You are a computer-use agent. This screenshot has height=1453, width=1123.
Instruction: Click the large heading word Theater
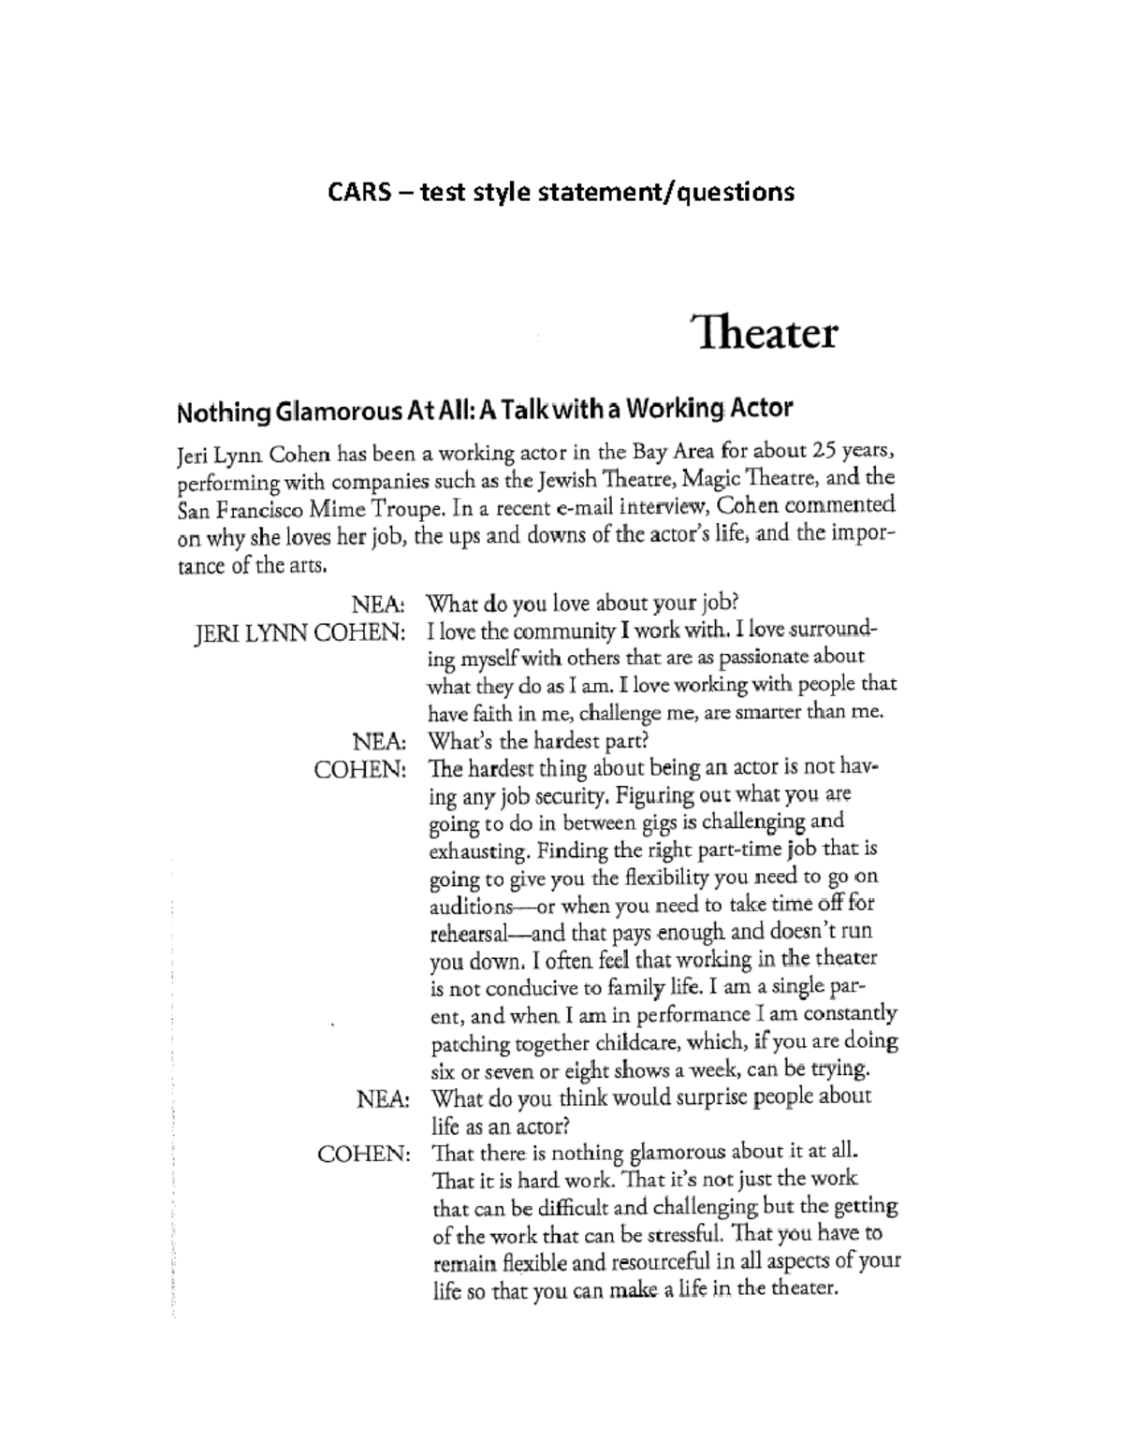coord(765,333)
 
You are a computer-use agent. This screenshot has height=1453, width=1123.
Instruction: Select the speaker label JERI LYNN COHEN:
coord(299,633)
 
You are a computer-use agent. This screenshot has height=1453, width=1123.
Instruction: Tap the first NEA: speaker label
coord(378,605)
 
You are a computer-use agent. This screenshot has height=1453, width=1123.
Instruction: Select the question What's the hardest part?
coord(538,742)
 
